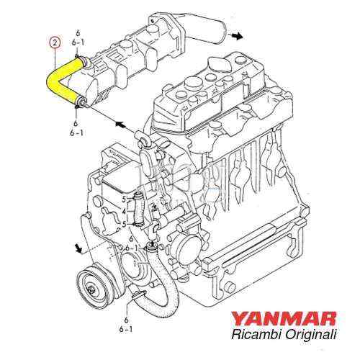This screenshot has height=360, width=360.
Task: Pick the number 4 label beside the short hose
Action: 123,212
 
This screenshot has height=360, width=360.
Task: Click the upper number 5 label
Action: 123,199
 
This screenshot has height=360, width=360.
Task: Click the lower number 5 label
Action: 123,224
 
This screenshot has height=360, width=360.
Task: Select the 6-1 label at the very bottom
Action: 126,328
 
